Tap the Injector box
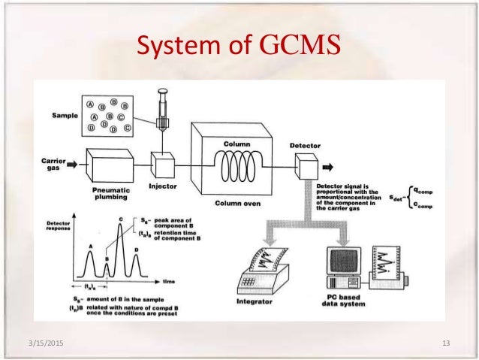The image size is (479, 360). click(x=163, y=163)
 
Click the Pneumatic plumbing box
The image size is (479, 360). click(x=112, y=165)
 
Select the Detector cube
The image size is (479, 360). click(x=307, y=163)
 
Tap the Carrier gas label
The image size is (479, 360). click(x=50, y=165)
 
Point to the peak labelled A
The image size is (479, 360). click(x=92, y=259)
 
